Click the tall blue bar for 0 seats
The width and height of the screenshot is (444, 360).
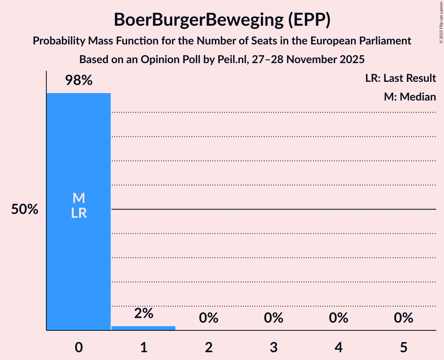pos(78,265)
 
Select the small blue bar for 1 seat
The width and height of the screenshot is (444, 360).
pos(143,328)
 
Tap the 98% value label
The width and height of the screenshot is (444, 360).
pos(79,81)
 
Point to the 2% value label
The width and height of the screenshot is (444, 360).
pos(143,313)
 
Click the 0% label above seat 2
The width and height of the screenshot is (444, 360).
pos(209,318)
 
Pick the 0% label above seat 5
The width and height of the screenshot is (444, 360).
pos(403,318)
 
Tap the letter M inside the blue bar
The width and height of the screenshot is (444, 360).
pos(79,198)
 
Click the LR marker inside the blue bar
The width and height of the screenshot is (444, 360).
pos(79,213)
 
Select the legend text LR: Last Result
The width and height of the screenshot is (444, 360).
pos(400,78)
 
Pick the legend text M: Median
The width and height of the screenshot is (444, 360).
pos(410,97)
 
